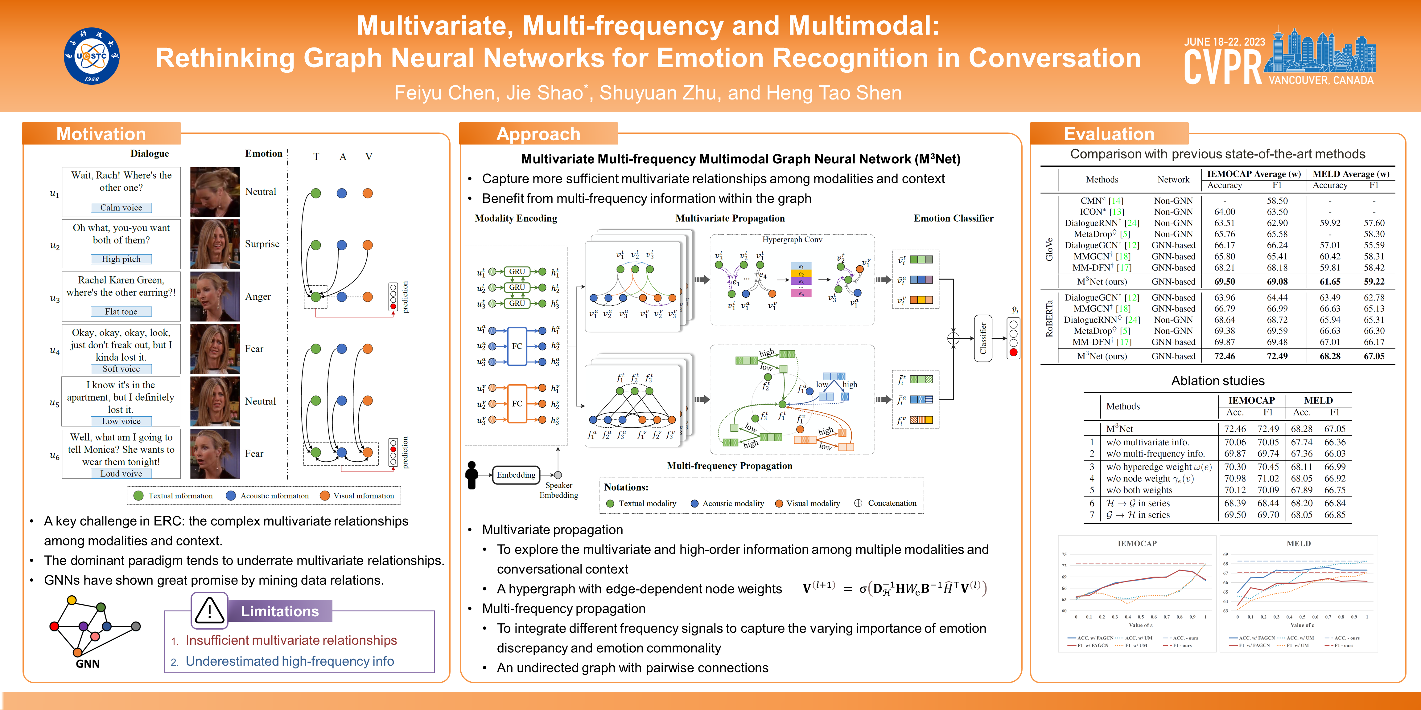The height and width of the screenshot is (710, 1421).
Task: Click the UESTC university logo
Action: tap(92, 56)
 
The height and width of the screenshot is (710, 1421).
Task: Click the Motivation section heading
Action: tap(101, 134)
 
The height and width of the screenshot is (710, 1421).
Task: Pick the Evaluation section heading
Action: tap(1109, 134)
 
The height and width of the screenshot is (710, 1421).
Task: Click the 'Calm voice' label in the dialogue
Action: tap(122, 208)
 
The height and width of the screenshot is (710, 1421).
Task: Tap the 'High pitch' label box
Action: tap(122, 259)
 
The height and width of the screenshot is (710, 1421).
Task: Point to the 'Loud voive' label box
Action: tap(122, 474)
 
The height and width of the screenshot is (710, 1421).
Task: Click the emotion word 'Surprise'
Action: tap(262, 244)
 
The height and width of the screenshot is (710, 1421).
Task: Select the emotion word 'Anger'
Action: tap(257, 296)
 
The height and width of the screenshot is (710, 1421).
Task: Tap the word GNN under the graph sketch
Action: tap(88, 664)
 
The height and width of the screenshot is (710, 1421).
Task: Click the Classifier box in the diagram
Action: tap(982, 338)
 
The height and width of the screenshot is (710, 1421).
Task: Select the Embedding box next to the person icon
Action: tap(516, 475)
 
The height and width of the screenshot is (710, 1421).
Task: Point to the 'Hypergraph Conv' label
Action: tap(792, 240)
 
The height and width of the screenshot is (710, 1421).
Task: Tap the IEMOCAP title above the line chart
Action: tap(1137, 544)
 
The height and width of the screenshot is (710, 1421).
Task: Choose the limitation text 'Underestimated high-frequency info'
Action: tap(290, 661)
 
